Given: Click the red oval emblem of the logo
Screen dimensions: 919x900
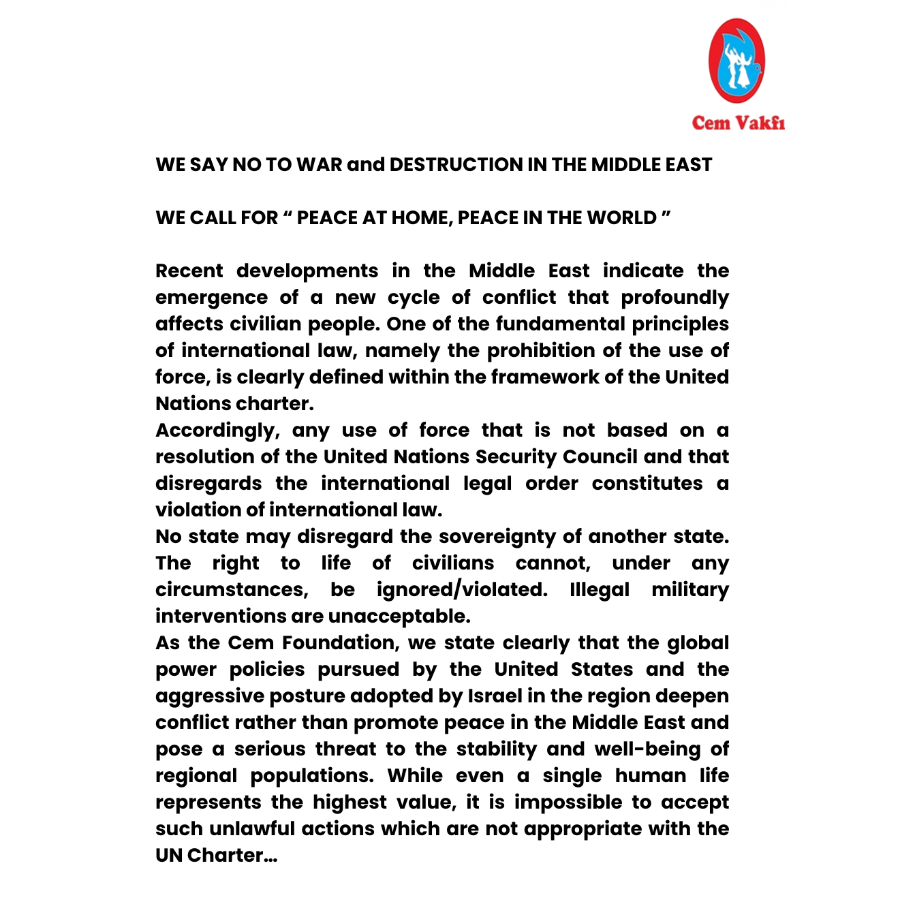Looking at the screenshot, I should (x=736, y=61).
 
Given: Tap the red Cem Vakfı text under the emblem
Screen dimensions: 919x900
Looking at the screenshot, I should (x=738, y=123).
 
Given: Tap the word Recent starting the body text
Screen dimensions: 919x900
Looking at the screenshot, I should (x=189, y=271).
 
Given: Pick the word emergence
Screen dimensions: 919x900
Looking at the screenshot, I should (x=211, y=298).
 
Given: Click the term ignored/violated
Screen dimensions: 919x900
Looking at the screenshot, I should (x=462, y=590).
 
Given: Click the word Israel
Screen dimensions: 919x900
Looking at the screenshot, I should (x=495, y=696).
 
